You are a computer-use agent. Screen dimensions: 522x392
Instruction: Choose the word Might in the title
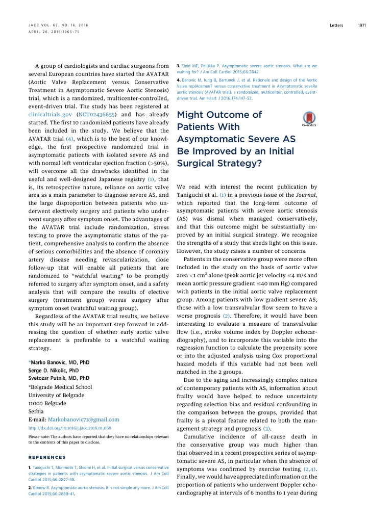coord(191,115)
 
